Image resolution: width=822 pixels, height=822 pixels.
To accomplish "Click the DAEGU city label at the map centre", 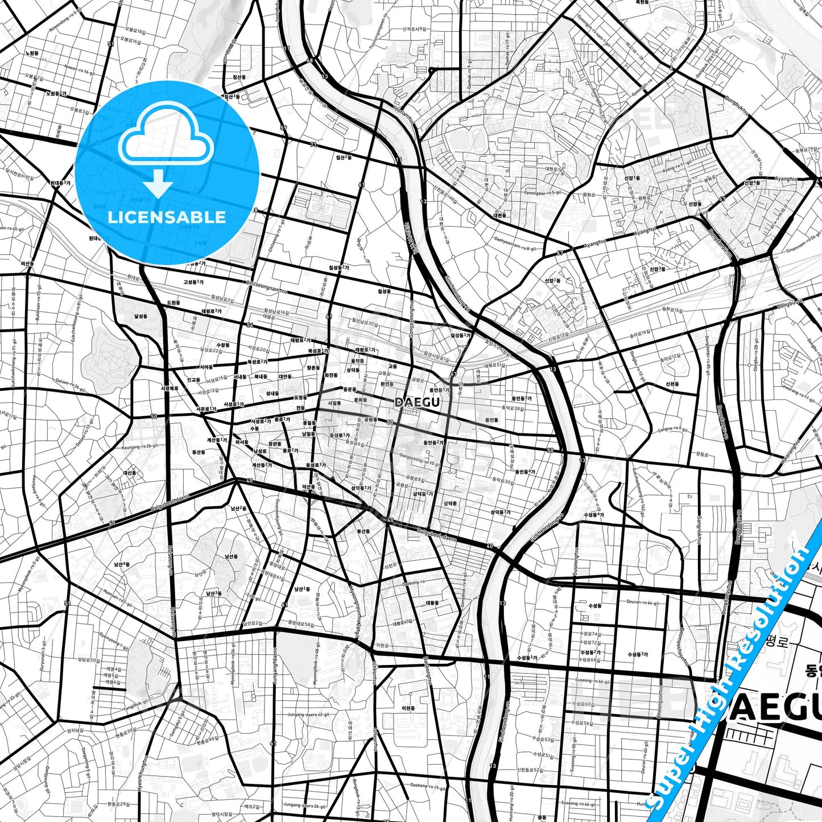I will coord(417,402).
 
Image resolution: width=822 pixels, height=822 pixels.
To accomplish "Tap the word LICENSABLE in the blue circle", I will coord(167,217).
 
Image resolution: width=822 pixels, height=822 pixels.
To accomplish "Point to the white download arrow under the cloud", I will coord(158,183).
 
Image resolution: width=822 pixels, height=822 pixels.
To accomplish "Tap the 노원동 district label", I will coord(32,53).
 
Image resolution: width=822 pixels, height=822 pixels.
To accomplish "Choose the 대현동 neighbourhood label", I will coord(499,216).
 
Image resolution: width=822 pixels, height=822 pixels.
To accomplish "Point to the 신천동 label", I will coord(672,384).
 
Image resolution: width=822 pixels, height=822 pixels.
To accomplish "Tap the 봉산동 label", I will coord(363,531).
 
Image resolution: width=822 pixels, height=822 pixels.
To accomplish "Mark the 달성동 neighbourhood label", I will coord(141,315).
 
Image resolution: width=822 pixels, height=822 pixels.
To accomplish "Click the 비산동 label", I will coord(27,264).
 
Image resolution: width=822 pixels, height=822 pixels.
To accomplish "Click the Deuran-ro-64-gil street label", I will coord(642,602).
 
